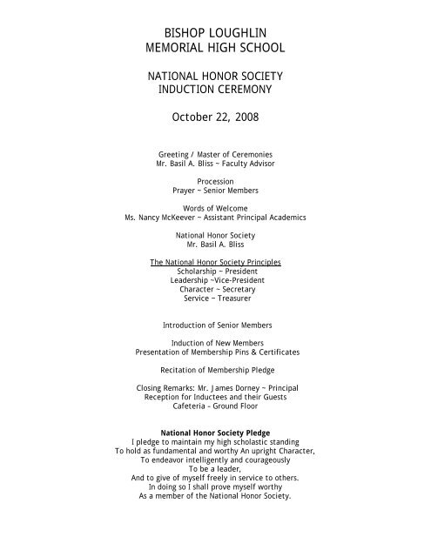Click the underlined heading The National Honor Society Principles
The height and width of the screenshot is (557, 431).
pos(214,261)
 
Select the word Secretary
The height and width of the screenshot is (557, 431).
pos(235,290)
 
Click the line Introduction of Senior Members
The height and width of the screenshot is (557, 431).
pos(215,325)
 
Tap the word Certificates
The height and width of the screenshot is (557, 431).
pos(272,352)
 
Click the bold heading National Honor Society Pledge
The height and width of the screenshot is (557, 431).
pos(215,433)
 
